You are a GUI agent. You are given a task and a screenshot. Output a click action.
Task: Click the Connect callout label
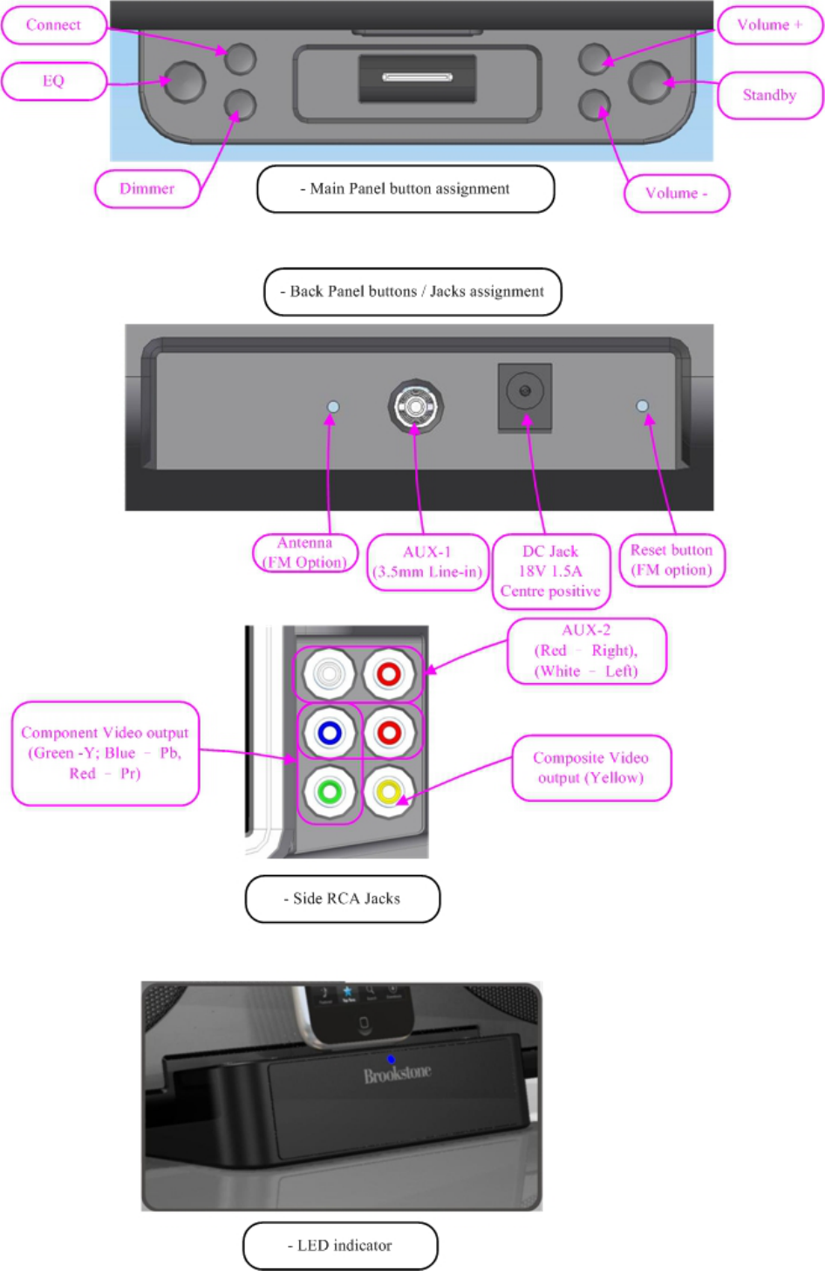click(x=53, y=25)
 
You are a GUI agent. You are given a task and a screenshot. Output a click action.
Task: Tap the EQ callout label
click(x=53, y=81)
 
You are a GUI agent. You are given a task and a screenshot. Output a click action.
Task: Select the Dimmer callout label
click(x=147, y=188)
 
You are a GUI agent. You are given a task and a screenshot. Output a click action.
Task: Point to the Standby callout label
click(x=769, y=95)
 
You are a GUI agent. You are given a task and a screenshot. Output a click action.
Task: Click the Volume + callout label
click(x=769, y=25)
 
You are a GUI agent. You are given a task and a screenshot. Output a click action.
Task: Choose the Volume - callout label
click(x=676, y=194)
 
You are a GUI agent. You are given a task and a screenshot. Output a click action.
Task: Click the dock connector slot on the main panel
click(x=417, y=78)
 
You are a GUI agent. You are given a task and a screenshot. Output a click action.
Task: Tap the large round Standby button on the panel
click(x=650, y=82)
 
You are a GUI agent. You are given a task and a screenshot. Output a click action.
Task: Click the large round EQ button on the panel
click(x=184, y=82)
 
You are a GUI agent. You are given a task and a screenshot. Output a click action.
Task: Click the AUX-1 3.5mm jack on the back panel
click(x=416, y=407)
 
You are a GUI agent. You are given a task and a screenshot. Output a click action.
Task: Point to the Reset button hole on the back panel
click(x=643, y=406)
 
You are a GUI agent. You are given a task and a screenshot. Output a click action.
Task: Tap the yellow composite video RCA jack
click(x=388, y=792)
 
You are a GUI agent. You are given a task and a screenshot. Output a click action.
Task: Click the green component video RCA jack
click(x=329, y=792)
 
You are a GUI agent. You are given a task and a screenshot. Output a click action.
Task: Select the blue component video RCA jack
click(x=329, y=733)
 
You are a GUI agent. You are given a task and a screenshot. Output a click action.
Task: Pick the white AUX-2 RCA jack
click(x=329, y=673)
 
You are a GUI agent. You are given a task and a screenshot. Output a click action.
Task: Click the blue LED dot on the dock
click(x=391, y=1059)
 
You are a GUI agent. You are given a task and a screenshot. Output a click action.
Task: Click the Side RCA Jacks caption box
click(x=343, y=899)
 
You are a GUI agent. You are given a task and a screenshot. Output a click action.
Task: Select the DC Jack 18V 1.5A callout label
click(x=550, y=571)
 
